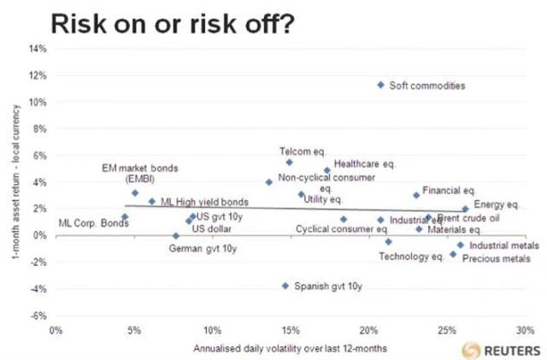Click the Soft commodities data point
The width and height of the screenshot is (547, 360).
(380, 85)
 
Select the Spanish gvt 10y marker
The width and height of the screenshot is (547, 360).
(285, 286)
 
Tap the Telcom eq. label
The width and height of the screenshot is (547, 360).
(299, 151)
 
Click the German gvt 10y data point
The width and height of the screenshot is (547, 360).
(176, 235)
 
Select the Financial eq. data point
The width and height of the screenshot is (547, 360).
(416, 195)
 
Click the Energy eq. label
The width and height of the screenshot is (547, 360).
(496, 205)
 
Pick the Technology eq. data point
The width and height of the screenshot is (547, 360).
(388, 242)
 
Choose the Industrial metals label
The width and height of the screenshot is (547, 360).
(505, 245)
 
